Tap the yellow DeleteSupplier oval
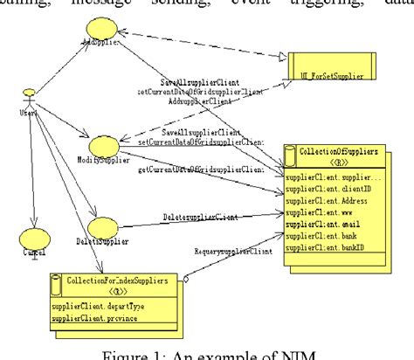point(103,229)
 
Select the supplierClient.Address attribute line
point(329,197)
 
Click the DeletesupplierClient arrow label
point(198,216)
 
